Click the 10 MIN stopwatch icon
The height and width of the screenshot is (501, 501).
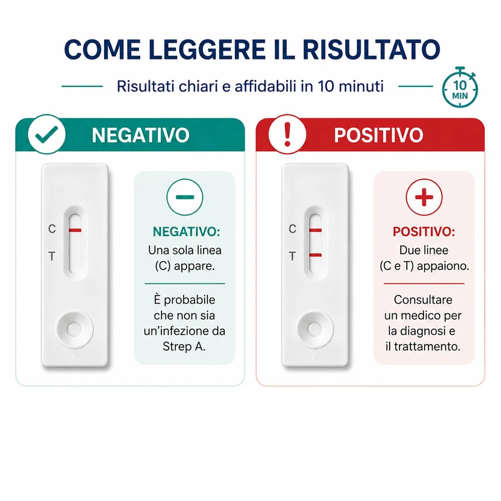460,87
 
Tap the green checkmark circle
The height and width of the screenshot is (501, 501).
46,134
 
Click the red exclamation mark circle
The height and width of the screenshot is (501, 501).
287,134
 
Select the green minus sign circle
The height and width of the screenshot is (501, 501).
185,197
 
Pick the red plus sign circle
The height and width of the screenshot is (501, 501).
424,197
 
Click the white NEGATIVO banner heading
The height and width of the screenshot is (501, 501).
140,135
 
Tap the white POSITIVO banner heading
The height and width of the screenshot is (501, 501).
379,135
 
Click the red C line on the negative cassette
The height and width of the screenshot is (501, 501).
75,230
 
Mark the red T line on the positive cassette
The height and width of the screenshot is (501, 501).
316,255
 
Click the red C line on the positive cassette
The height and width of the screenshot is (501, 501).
316,230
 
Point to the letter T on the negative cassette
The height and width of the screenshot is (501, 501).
52,256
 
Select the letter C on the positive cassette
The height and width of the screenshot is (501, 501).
292,229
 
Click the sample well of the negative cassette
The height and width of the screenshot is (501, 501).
75,329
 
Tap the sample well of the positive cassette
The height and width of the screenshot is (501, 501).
314,329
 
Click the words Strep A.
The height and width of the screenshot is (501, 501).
184,347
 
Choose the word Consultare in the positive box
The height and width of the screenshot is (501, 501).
423,300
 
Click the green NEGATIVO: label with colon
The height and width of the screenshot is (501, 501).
187,232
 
